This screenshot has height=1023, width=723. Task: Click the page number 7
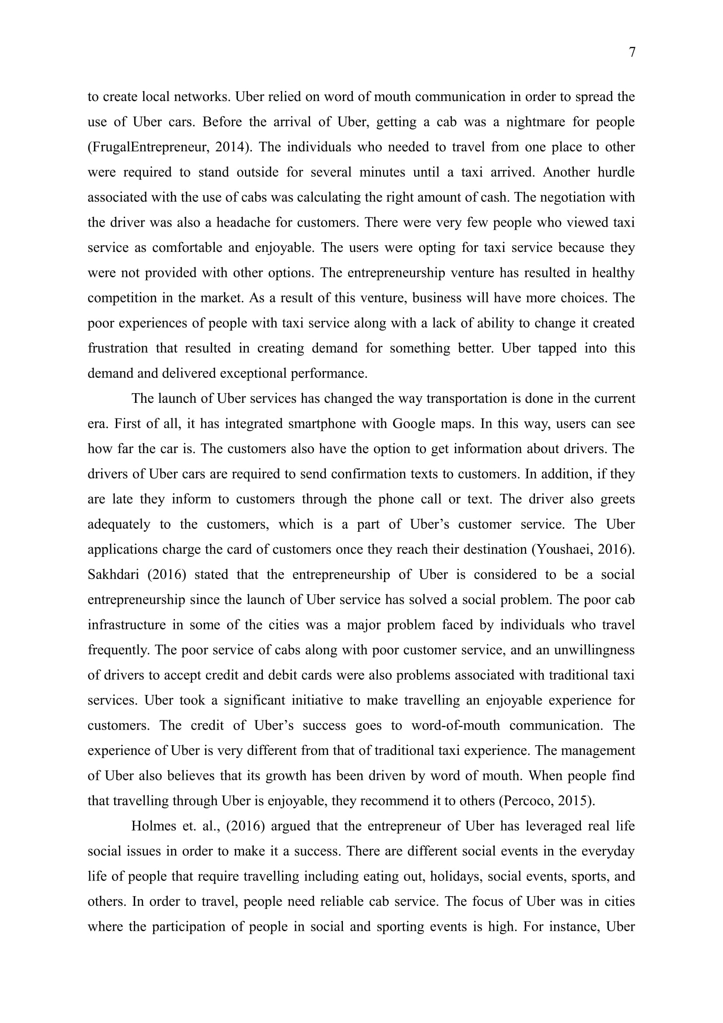pos(632,52)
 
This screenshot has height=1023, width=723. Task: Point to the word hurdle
pos(616,172)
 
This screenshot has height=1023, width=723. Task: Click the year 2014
pos(230,147)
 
